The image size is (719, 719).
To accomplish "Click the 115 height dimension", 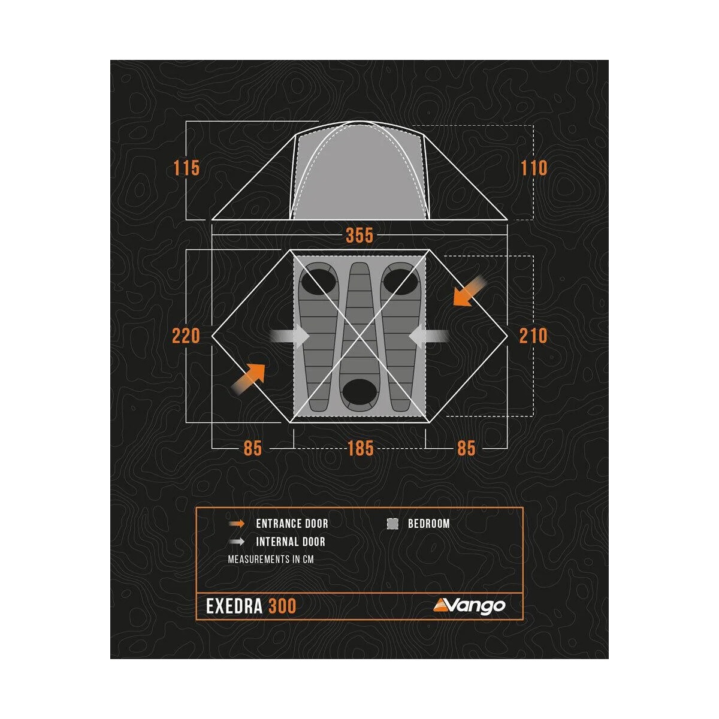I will [x=186, y=168].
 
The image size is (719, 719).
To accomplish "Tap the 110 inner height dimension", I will [x=534, y=168].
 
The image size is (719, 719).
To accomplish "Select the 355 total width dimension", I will [x=359, y=235].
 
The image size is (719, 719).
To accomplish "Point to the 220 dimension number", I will [x=186, y=336].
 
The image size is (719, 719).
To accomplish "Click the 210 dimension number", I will [x=533, y=336].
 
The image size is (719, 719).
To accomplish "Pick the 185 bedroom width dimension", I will [x=360, y=448].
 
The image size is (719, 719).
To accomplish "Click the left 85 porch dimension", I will [x=253, y=448].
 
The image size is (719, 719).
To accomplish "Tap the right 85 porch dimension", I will [x=466, y=448].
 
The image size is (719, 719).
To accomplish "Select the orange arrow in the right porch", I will [x=470, y=292].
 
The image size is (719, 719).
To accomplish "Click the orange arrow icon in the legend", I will [x=237, y=524].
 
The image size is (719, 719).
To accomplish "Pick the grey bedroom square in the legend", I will [x=393, y=524].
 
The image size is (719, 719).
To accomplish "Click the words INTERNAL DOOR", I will [x=291, y=542].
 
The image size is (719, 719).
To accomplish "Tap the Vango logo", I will [x=470, y=606].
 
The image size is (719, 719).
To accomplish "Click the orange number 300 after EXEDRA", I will [x=282, y=606].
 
